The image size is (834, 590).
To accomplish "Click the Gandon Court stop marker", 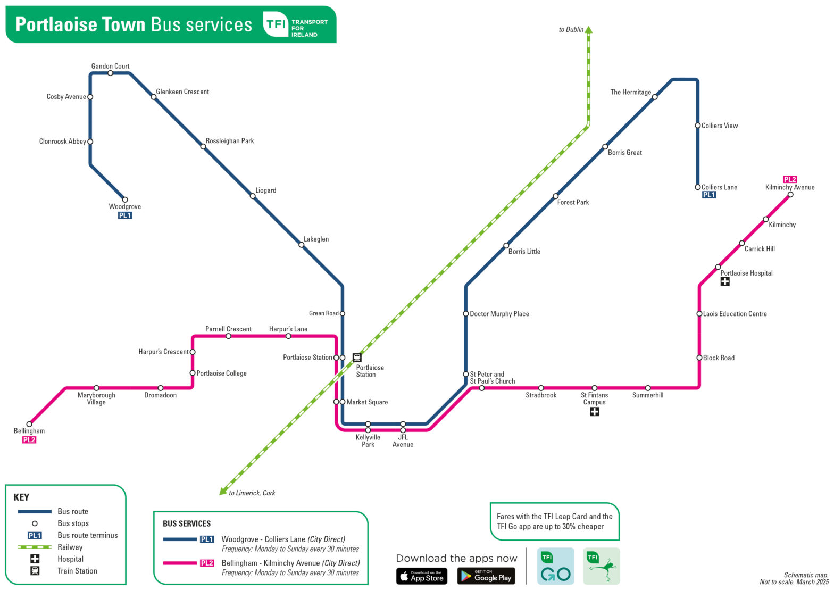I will tap(110, 73).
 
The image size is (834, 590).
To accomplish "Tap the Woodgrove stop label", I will tap(124, 206).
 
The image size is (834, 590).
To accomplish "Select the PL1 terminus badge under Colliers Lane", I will tap(708, 195).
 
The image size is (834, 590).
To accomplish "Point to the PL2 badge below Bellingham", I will tap(29, 440).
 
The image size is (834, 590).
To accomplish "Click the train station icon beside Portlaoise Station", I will tap(357, 358).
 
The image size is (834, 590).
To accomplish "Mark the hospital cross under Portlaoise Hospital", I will tap(724, 281).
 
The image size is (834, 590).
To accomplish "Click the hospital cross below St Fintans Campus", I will tap(594, 411).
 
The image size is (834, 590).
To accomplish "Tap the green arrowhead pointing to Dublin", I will tap(588, 30).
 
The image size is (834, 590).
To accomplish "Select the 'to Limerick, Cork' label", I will tap(252, 493).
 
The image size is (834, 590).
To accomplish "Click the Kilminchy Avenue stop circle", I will tap(790, 195).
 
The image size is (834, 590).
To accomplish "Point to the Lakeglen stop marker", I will tap(301, 245).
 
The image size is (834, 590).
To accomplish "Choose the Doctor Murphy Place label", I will tap(499, 314).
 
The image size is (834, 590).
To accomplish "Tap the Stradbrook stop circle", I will tap(541, 388).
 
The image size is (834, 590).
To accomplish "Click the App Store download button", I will tap(421, 576).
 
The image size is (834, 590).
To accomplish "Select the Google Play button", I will tap(486, 576).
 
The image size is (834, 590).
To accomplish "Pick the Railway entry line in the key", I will tap(35, 547).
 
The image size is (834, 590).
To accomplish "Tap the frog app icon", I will tap(601, 566).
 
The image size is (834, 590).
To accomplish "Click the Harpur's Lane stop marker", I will tap(288, 336).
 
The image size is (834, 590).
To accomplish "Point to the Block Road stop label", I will tap(719, 358).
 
